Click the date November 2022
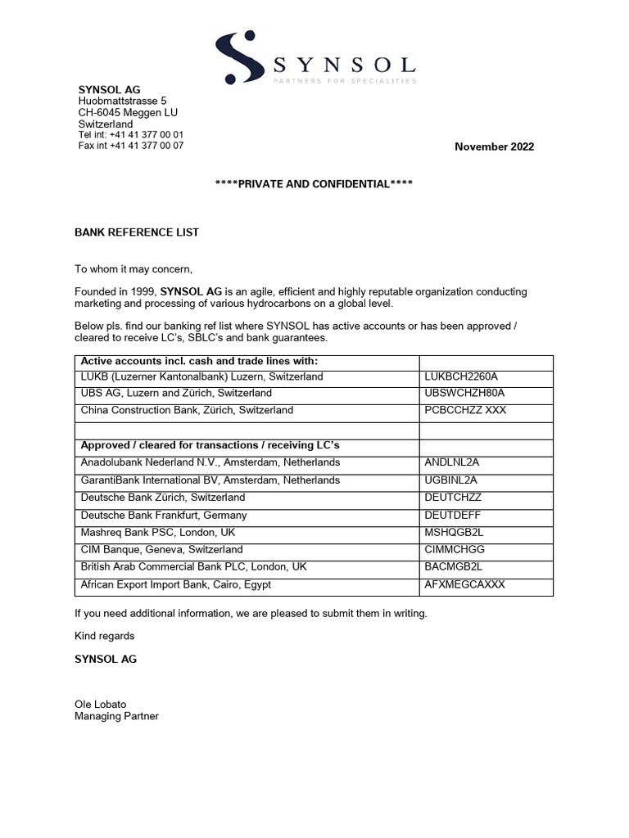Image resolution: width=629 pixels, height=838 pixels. (x=494, y=147)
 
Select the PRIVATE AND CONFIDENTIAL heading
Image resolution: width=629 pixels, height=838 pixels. (x=314, y=184)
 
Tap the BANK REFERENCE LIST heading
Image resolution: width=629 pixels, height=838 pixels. (x=137, y=232)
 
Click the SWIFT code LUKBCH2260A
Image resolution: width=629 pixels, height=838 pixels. (x=462, y=376)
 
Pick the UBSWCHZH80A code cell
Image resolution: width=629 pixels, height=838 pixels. (x=464, y=394)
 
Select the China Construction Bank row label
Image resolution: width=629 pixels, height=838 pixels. (x=187, y=410)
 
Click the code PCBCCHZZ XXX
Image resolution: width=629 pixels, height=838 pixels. (x=466, y=410)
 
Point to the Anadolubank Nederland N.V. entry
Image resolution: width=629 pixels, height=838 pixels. (x=210, y=462)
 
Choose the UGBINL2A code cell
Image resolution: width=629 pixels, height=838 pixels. (x=451, y=480)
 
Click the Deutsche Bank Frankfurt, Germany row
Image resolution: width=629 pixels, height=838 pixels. (x=164, y=516)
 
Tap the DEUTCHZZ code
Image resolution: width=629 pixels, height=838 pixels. (x=453, y=498)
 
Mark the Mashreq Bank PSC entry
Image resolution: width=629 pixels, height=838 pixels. (x=158, y=532)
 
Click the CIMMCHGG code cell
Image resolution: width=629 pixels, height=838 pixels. (x=455, y=550)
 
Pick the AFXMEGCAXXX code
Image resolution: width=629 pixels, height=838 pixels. (x=465, y=584)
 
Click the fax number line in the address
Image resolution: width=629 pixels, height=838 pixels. (x=131, y=146)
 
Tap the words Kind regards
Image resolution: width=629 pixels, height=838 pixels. (x=105, y=636)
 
